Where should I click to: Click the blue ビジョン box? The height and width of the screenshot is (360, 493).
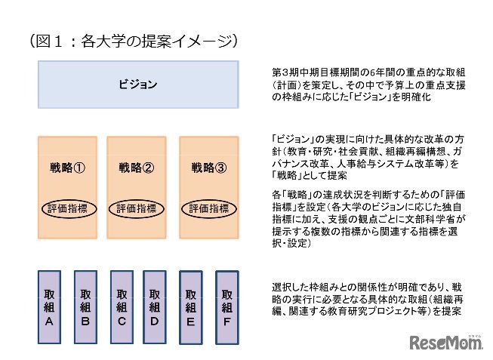coord(138,85)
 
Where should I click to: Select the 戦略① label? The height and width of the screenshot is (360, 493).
coord(66,168)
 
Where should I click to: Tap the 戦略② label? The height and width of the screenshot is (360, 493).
coord(137,168)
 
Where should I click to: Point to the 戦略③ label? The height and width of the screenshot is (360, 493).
coord(208,168)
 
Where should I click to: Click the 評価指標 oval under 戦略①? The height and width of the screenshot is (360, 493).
coord(66,208)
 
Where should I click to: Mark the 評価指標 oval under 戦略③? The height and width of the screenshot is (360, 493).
coord(208,208)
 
